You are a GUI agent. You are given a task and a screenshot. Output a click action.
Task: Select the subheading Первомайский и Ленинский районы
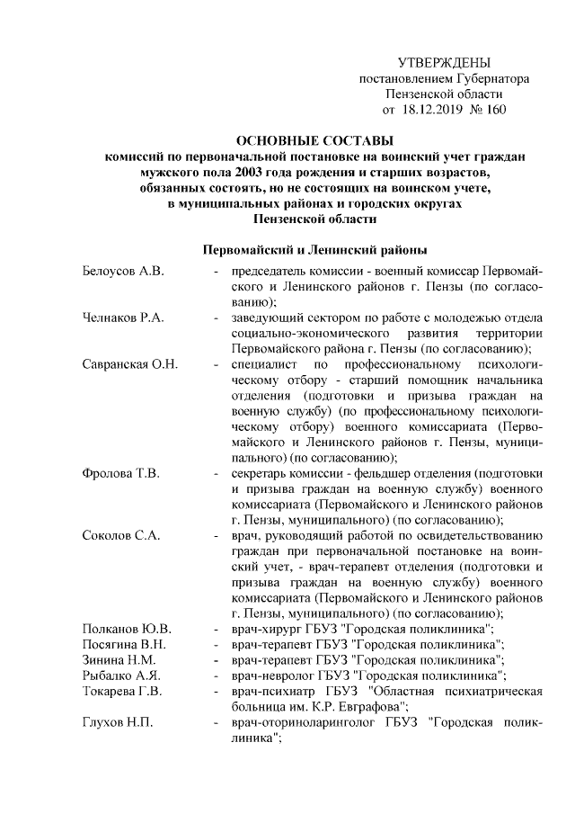point(314,248)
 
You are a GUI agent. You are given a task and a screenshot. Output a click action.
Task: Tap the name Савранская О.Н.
point(129,364)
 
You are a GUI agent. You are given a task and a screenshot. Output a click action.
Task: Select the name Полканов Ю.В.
point(126,629)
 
